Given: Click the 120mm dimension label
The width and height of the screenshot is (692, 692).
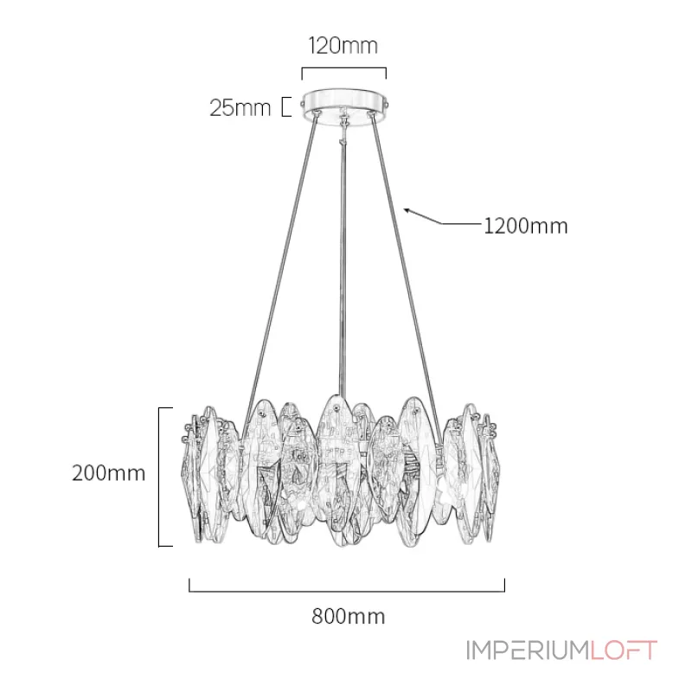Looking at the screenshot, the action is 343,46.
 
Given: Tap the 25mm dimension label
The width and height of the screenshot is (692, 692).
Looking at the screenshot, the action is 240,107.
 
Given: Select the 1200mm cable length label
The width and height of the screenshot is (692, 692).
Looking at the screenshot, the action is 526,226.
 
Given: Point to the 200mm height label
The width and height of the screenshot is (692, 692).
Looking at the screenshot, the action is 109,473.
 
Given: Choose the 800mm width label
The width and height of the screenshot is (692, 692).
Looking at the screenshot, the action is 349,616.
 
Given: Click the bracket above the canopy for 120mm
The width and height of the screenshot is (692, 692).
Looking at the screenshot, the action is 343,69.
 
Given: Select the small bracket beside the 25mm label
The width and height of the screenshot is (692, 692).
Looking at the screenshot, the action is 286,106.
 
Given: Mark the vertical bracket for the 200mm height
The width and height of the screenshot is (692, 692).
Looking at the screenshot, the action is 159,477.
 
